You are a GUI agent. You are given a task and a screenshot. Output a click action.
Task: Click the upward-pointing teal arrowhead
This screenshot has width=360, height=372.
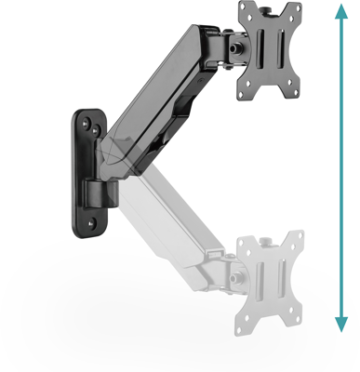pos(342,10)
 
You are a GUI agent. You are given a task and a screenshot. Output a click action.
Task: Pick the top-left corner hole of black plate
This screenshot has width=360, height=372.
pos(244,11)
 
